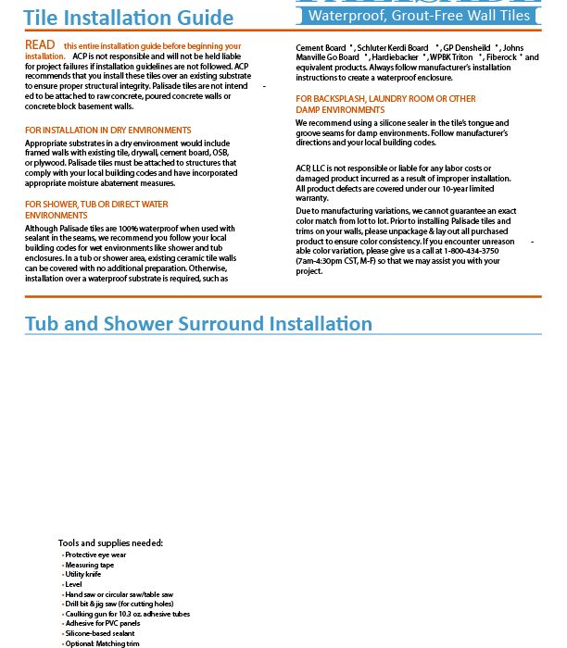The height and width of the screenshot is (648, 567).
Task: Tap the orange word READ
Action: pyautogui.click(x=40, y=45)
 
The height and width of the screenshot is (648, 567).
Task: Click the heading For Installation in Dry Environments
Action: pyautogui.click(x=108, y=131)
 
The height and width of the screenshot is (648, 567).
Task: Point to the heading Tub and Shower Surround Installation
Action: pyautogui.click(x=198, y=323)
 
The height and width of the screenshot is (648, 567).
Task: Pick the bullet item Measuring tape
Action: pyautogui.click(x=90, y=565)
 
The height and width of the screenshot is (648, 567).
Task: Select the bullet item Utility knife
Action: pyautogui.click(x=84, y=574)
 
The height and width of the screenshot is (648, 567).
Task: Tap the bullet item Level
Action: pyautogui.click(x=74, y=584)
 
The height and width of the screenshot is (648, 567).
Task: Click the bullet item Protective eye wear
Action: pyautogui.click(x=95, y=555)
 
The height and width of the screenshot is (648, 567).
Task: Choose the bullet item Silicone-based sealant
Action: pyautogui.click(x=100, y=633)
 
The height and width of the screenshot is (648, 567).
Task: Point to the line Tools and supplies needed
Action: pyautogui.click(x=110, y=543)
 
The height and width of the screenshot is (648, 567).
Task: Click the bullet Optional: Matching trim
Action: pyautogui.click(x=102, y=643)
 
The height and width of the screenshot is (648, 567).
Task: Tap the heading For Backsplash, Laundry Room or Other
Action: pyautogui.click(x=385, y=98)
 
